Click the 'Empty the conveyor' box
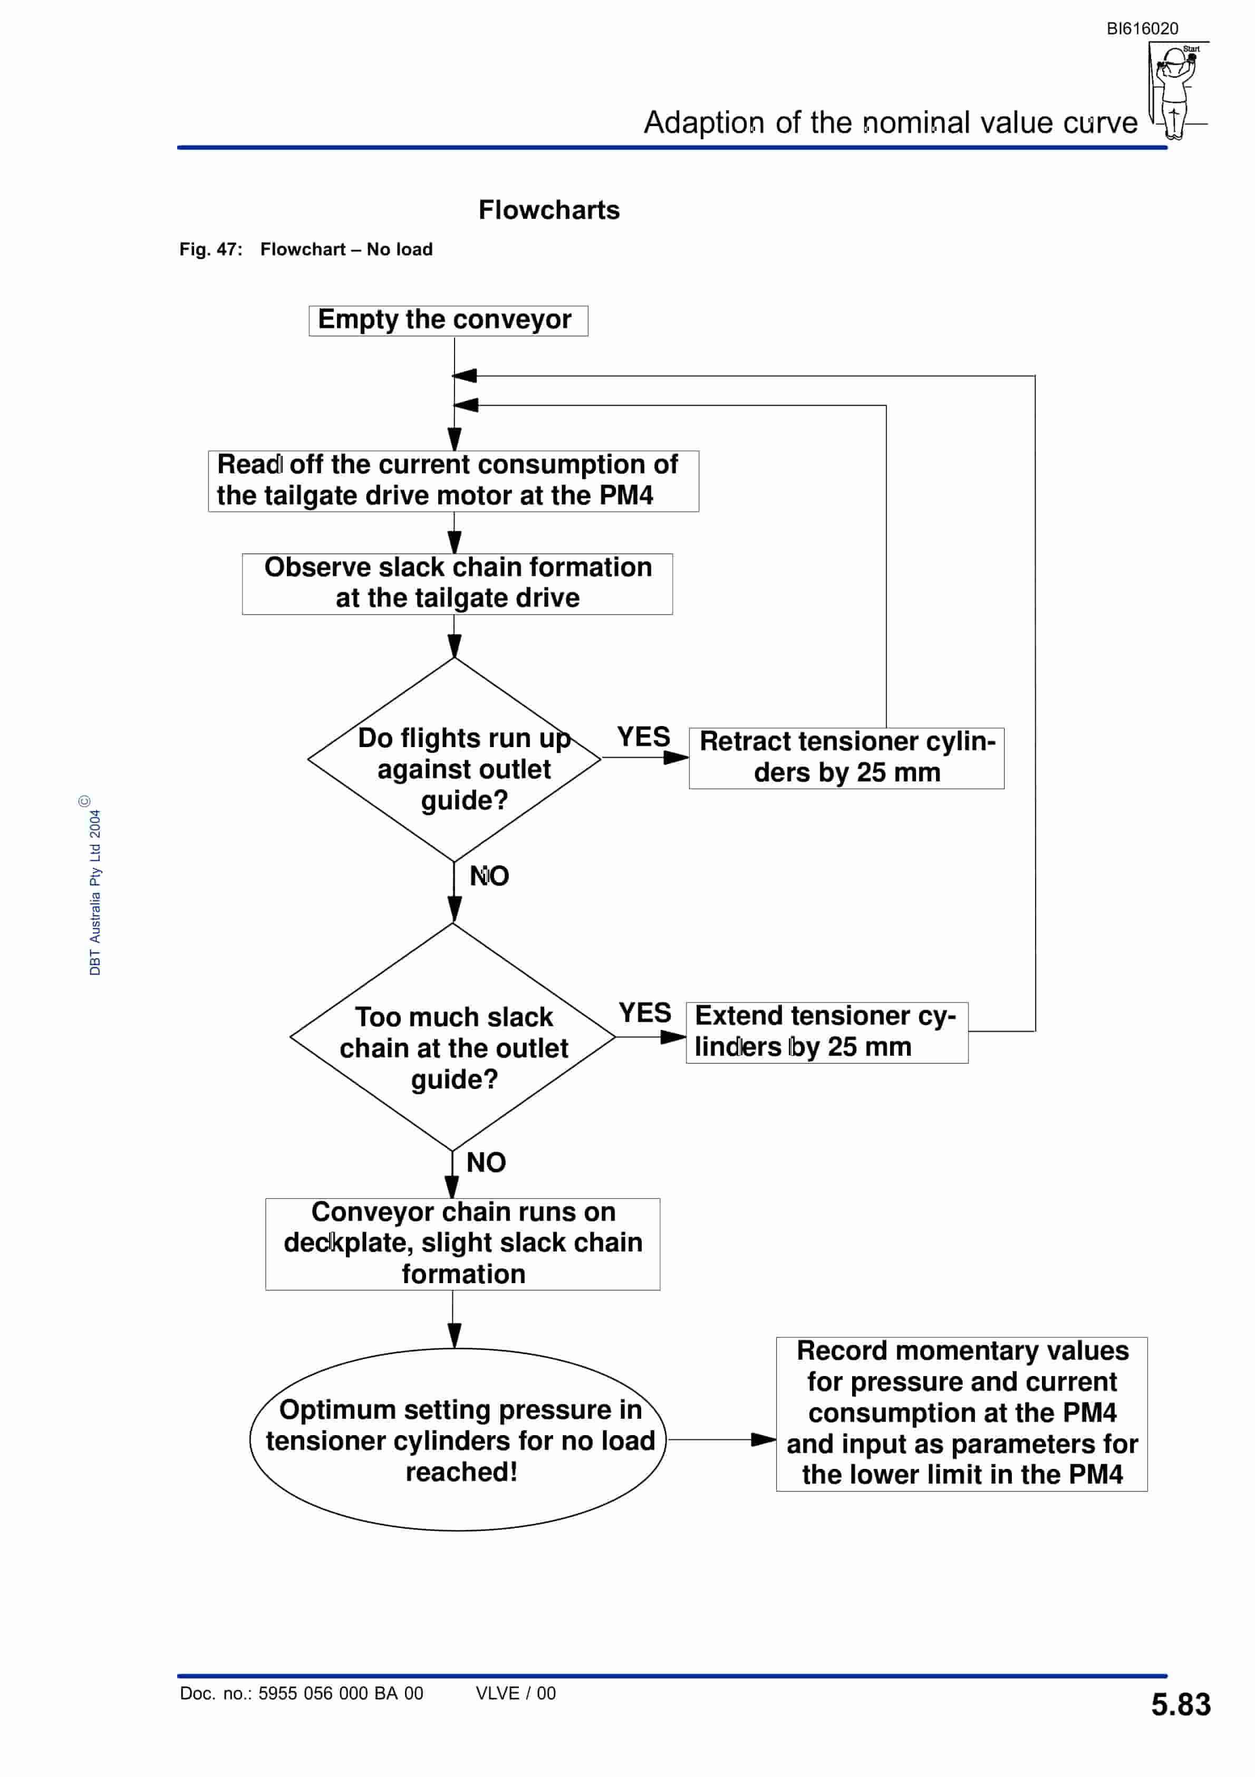[x=448, y=320]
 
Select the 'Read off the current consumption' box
[x=453, y=481]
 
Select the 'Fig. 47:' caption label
[x=210, y=249]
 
